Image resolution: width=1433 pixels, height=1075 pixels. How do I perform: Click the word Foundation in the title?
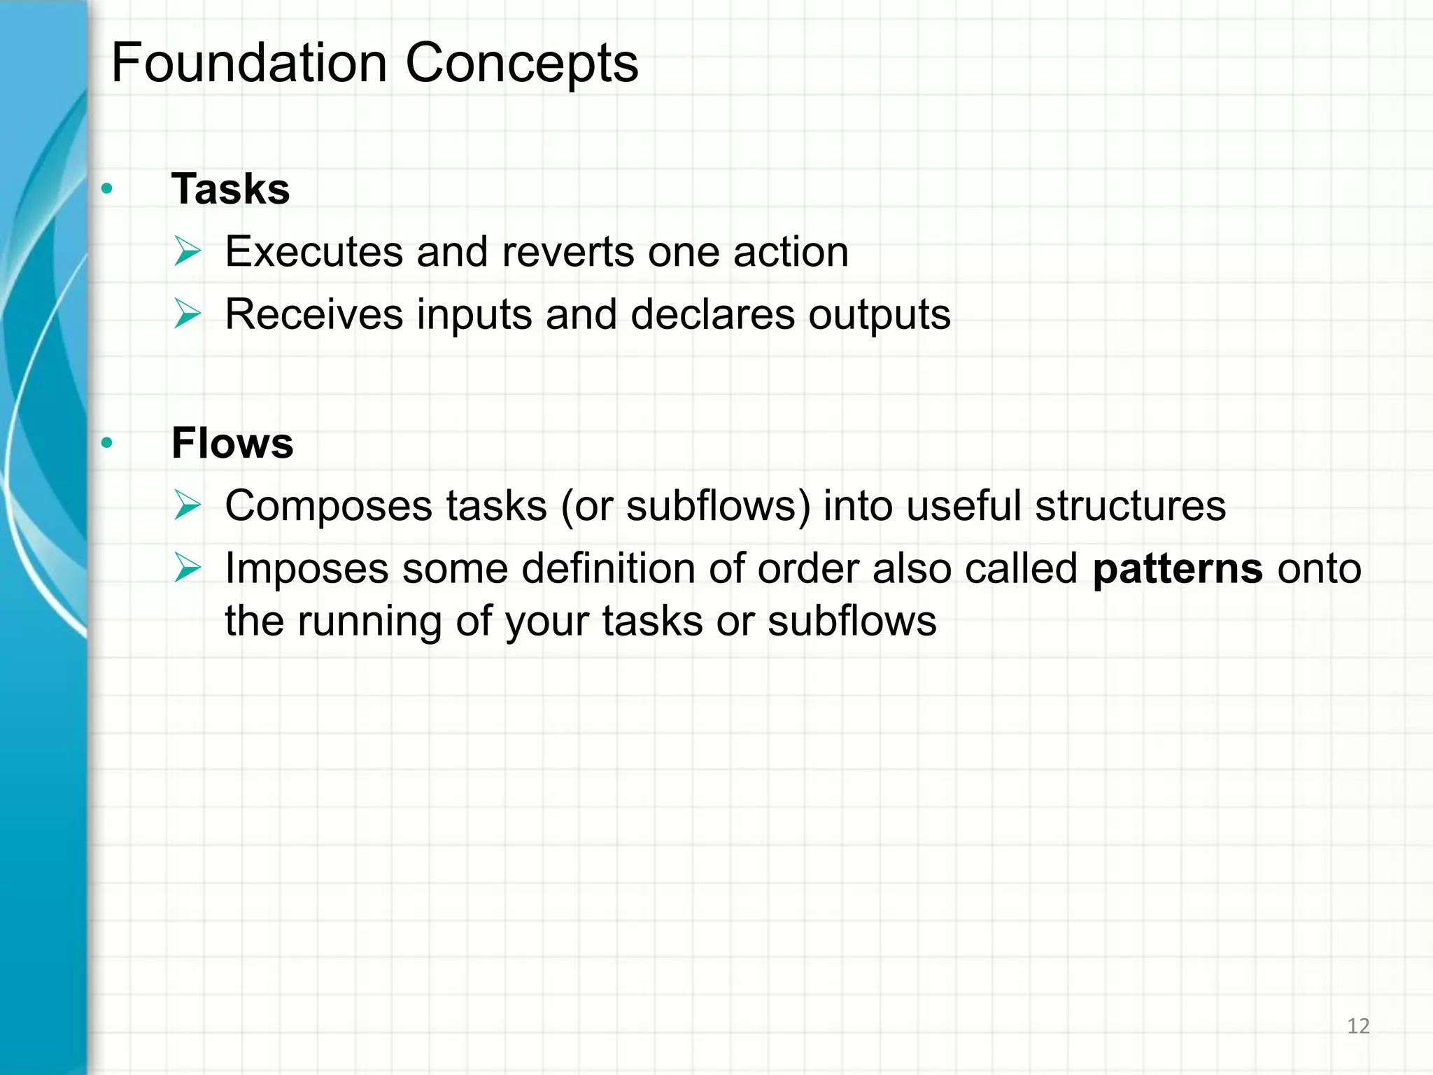tap(249, 63)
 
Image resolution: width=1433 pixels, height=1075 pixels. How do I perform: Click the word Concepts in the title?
tap(522, 63)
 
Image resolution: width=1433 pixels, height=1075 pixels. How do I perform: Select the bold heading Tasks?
tap(230, 189)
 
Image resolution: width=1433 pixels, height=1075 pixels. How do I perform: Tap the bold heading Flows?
tap(232, 443)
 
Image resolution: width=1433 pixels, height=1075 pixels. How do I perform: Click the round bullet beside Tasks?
tap(106, 188)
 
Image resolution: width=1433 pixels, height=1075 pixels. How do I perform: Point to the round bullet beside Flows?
tap(106, 442)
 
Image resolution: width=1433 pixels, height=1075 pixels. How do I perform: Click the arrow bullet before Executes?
tap(188, 251)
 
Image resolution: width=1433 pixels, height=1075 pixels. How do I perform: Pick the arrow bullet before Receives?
tap(188, 314)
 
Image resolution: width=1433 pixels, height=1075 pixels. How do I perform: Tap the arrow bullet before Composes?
tap(188, 505)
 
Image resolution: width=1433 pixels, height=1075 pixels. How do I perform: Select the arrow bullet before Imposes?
tap(188, 568)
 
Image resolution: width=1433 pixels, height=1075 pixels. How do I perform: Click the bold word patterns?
tap(1178, 568)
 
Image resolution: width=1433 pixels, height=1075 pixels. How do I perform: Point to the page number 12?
tap(1358, 1026)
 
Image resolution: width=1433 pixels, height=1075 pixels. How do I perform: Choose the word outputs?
tap(880, 314)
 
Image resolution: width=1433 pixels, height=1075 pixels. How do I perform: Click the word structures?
tap(1130, 505)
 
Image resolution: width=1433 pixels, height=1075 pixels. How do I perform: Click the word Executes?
tap(314, 252)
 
